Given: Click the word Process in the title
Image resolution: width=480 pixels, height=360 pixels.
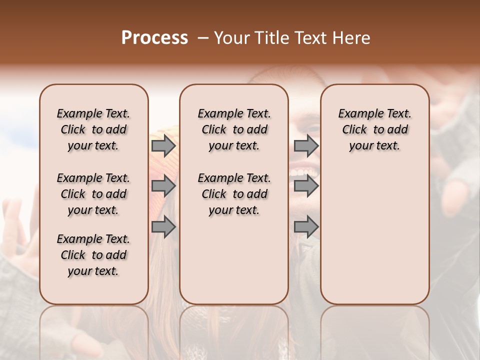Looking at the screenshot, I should pos(154,37).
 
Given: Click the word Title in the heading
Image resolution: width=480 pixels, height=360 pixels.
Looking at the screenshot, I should pos(268,37).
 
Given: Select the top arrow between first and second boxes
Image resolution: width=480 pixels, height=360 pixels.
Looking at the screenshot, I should pos(163,145).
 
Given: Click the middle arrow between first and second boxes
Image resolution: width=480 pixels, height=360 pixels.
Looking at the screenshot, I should pos(163,186).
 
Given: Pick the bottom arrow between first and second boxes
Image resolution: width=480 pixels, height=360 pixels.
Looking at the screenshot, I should pos(163,227).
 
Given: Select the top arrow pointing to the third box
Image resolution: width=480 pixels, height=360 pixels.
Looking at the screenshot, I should pos(306,145).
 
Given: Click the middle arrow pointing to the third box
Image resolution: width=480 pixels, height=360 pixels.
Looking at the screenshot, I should pos(306,186).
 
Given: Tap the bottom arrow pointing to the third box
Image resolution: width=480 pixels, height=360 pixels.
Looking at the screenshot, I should pos(306,227).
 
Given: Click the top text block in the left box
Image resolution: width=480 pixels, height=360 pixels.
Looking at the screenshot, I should pos(93,129).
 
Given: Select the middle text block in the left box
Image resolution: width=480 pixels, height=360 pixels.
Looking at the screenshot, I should pos(93,194).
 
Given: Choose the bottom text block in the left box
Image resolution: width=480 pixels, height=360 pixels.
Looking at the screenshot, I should pos(93,255).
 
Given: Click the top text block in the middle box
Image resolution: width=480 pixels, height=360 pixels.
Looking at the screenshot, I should pos(234,129).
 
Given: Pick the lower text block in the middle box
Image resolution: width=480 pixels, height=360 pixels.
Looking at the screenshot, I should pos(234,194).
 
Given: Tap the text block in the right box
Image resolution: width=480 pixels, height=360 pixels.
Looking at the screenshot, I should pos(374,129).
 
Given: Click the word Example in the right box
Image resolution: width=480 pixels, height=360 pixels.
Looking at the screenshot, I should pos(359,113).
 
